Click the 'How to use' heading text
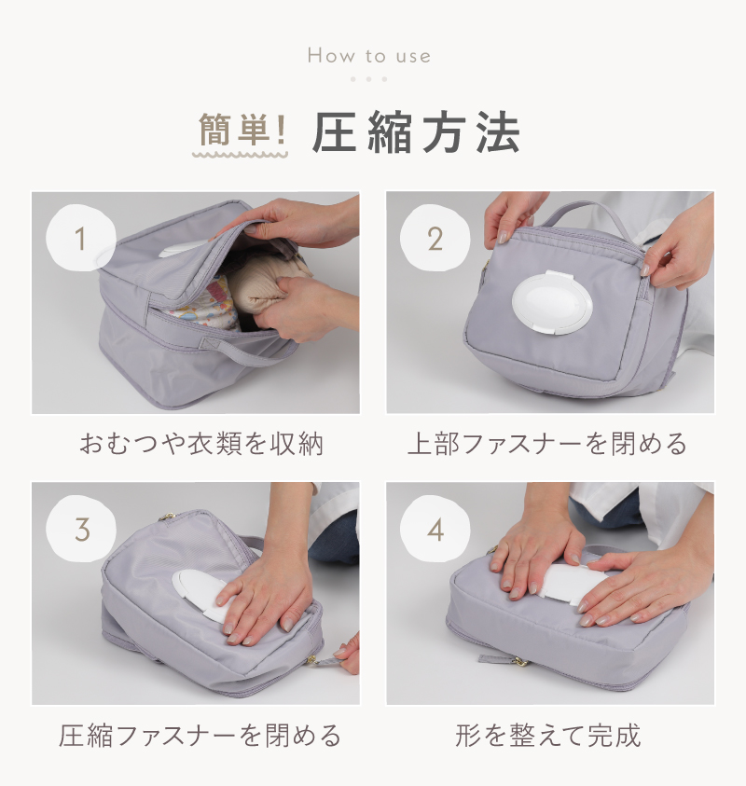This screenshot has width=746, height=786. (369, 56)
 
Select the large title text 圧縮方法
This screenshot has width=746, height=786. (416, 134)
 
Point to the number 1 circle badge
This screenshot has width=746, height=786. (80, 240)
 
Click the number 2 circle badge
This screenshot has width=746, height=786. (435, 240)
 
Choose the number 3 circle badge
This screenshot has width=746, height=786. (80, 530)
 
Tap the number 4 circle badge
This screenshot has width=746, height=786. (435, 530)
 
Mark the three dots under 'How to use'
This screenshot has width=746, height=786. (369, 79)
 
